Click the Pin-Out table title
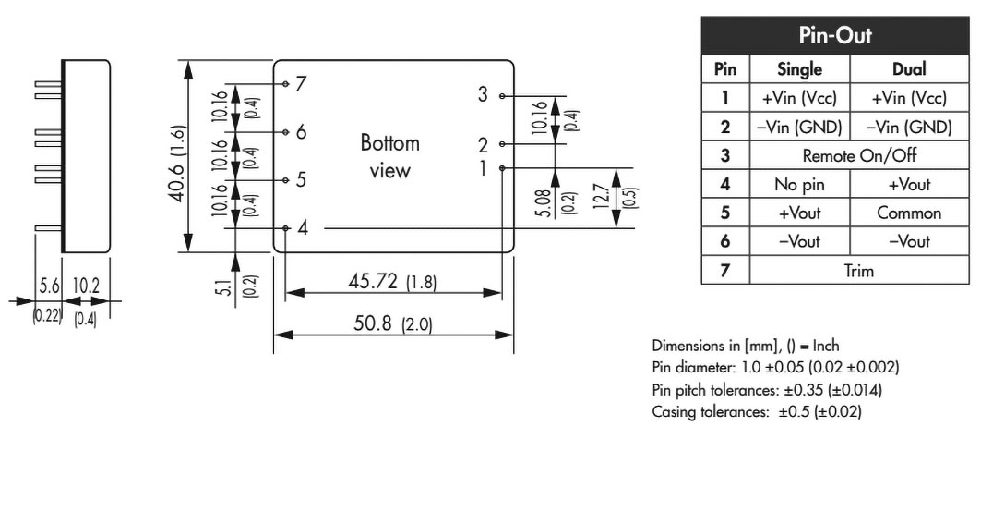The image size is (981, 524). click(834, 35)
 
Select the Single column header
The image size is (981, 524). click(799, 69)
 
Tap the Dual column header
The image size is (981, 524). click(908, 69)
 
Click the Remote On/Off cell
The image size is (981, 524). click(859, 155)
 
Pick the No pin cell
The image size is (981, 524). click(799, 184)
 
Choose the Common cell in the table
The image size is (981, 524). click(908, 213)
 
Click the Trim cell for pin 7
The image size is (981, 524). click(859, 271)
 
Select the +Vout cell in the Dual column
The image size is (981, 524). click(908, 184)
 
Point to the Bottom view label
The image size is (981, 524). click(389, 157)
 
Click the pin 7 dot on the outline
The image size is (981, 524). click(285, 84)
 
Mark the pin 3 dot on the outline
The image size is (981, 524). click(502, 96)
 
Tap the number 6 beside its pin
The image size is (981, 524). click(302, 132)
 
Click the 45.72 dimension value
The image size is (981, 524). click(372, 281)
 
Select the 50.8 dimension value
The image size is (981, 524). click(372, 323)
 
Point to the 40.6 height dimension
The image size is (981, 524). click(178, 164)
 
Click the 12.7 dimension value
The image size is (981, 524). click(601, 196)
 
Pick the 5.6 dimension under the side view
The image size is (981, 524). click(49, 286)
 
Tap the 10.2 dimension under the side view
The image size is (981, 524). click(86, 286)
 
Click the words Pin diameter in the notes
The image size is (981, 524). click(691, 367)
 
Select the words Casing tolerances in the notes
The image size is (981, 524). click(710, 412)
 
